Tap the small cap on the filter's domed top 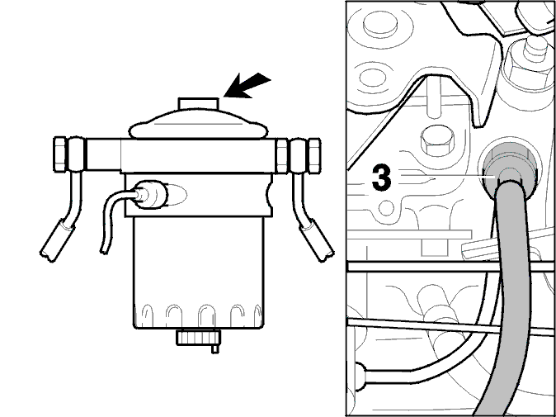click(x=198, y=103)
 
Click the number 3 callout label click(x=382, y=177)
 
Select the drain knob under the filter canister click(x=199, y=339)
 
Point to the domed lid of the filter click(x=198, y=124)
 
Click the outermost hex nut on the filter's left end click(x=59, y=154)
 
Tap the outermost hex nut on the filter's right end click(x=315, y=155)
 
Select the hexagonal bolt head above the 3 click(x=437, y=140)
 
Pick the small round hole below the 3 click(x=387, y=207)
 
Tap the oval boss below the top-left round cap click(x=374, y=77)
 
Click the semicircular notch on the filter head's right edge click(x=270, y=195)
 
